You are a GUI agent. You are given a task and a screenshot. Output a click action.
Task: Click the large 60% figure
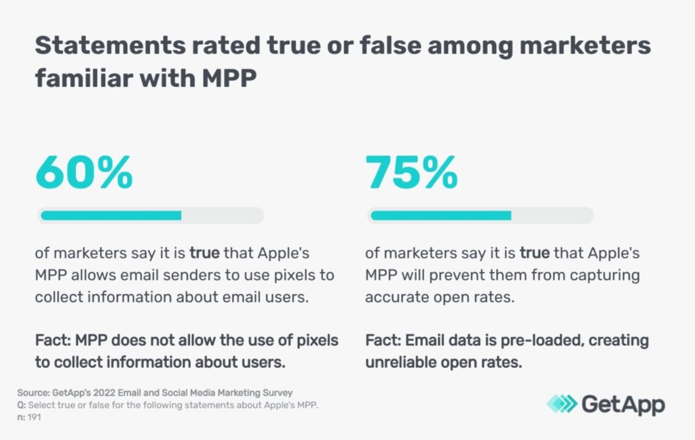[x=83, y=173]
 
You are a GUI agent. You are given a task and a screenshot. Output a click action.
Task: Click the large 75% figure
[x=411, y=173]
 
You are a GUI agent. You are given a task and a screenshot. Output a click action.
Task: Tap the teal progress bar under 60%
[x=111, y=216]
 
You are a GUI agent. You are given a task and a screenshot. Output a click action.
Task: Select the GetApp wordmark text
[x=623, y=404]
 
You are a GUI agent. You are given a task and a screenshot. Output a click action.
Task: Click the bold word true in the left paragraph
[x=204, y=254]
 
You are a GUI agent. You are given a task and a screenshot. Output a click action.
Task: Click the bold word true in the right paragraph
[x=535, y=254]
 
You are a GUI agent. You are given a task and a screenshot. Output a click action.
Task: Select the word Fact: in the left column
[x=55, y=340]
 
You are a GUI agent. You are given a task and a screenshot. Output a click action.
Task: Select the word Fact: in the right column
[x=385, y=340]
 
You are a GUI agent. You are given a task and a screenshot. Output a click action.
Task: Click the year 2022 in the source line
[x=104, y=393]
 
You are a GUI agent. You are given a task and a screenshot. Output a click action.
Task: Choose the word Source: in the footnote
[x=33, y=393]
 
